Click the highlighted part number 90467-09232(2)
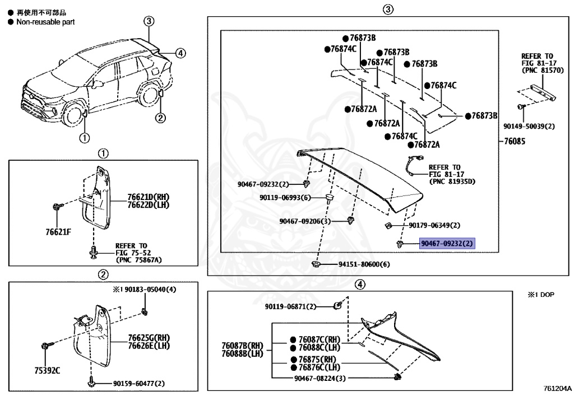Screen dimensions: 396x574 447,244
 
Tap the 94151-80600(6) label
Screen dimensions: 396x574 363,264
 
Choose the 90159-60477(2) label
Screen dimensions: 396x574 138,384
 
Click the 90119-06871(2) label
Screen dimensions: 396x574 291,306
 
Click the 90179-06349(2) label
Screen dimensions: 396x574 434,225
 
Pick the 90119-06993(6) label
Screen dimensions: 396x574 285,197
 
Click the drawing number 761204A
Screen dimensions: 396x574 557,388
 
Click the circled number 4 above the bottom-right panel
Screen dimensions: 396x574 360,285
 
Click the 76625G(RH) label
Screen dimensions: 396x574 149,338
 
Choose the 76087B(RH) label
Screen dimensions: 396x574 242,346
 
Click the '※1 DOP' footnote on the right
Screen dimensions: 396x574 540,294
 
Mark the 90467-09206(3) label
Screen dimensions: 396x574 305,221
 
